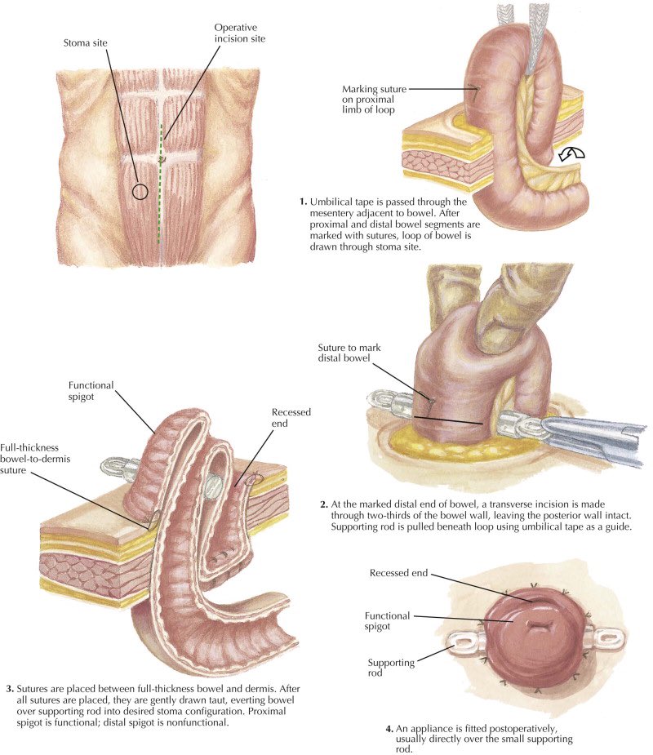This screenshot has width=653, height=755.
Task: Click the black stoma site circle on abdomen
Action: pos(140,192)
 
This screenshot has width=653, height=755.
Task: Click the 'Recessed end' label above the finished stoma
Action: pos(399,573)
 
